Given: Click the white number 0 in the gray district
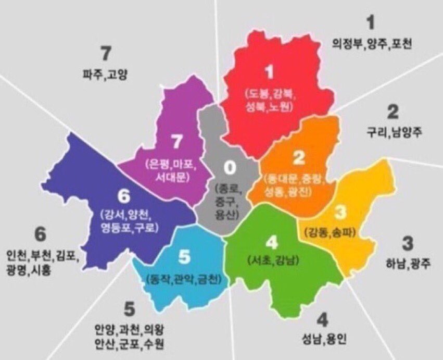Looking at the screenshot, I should [x=229, y=168].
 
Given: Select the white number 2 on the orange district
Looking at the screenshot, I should [x=298, y=157].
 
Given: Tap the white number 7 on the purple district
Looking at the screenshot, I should [x=175, y=141].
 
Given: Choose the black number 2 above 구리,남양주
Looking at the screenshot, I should [x=393, y=111].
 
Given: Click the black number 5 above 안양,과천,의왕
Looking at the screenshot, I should [x=130, y=309].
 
